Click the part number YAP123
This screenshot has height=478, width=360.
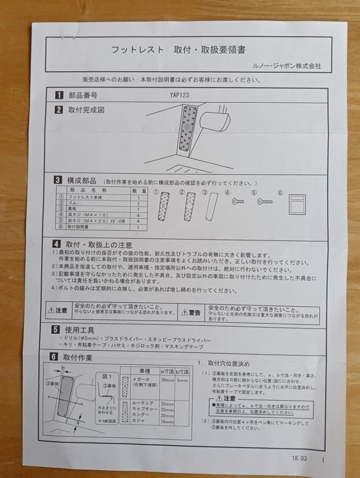179,95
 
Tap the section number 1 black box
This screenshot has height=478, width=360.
58,95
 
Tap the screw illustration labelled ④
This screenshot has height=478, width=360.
238,202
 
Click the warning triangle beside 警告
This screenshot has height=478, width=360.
184,313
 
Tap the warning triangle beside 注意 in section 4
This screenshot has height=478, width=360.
51,311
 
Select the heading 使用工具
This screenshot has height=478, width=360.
80,330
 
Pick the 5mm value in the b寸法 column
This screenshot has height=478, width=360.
182,380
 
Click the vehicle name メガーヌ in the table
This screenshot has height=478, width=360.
141,380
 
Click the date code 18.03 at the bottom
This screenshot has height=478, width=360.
299,459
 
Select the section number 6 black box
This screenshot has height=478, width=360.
53,357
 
